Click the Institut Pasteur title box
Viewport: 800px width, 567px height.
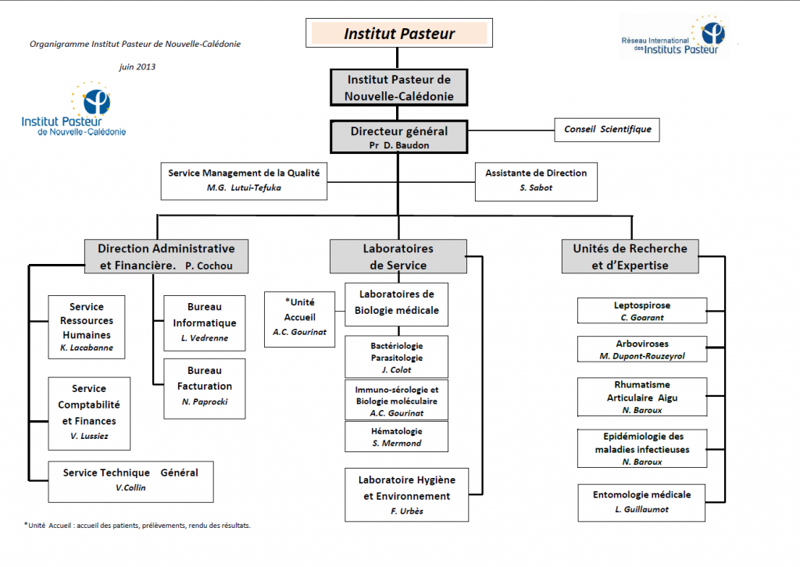point(399,33)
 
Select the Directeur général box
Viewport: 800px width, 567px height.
point(399,137)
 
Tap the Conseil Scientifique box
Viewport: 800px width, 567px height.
point(607,130)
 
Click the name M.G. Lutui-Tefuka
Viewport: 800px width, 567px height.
point(244,187)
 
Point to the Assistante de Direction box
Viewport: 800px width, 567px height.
point(536,181)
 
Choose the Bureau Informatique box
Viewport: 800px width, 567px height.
point(205,323)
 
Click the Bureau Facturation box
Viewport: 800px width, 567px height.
point(205,388)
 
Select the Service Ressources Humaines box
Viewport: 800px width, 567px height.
point(87,326)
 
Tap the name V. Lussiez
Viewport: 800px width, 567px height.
point(89,436)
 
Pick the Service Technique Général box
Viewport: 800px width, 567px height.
point(131,482)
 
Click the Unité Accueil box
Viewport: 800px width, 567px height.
point(299,319)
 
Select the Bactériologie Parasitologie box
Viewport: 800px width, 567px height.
point(396,356)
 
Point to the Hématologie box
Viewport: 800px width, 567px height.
point(396,437)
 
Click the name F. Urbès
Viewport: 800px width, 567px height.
point(407,511)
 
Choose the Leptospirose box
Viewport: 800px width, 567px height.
point(642,311)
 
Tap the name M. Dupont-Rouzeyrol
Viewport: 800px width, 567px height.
point(642,356)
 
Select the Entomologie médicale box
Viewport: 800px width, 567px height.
point(642,503)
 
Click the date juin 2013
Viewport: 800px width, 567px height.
point(137,67)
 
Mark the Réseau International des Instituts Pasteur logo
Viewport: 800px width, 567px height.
point(673,36)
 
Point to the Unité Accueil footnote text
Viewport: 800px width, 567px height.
point(137,525)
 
